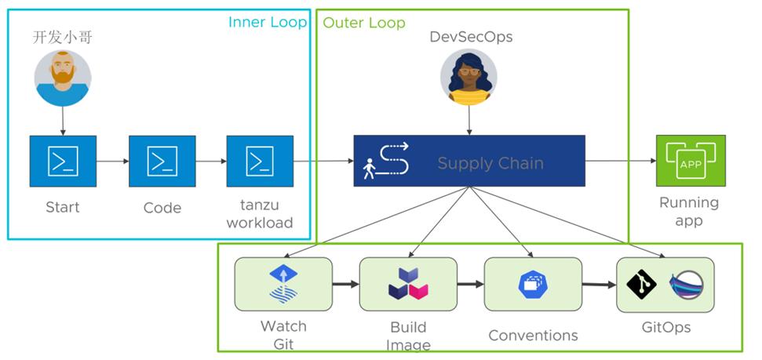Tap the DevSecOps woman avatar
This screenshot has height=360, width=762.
click(x=469, y=78)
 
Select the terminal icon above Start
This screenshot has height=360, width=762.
click(x=63, y=161)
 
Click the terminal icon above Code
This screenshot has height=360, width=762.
click(x=162, y=161)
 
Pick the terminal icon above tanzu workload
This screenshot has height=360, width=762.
click(x=260, y=161)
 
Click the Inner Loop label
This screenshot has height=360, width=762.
click(x=267, y=22)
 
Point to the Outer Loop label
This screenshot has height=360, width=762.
click(x=364, y=23)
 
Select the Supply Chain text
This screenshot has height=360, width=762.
click(x=490, y=164)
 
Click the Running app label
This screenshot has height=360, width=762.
click(x=689, y=211)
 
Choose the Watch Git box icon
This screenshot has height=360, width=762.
click(x=283, y=283)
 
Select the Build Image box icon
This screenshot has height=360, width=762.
click(x=408, y=283)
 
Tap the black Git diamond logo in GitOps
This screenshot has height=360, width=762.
click(x=642, y=283)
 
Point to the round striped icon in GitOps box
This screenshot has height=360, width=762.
click(x=686, y=283)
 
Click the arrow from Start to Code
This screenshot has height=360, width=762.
click(x=112, y=162)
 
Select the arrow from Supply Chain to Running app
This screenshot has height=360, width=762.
click(x=620, y=162)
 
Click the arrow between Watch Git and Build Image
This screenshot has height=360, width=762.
click(x=345, y=283)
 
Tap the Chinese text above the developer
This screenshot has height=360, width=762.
click(x=62, y=37)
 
